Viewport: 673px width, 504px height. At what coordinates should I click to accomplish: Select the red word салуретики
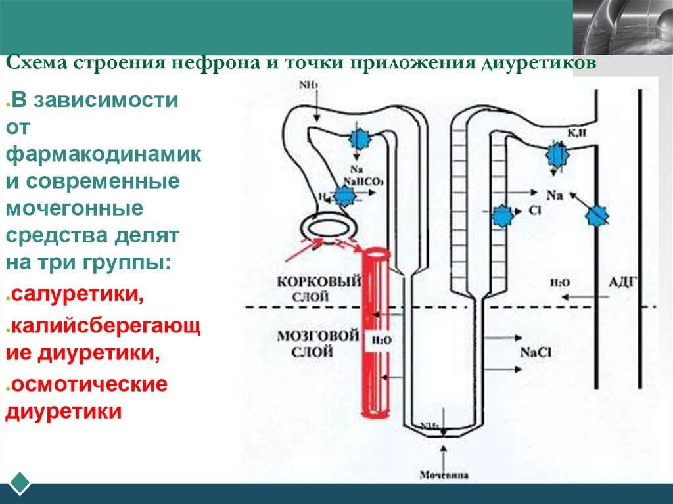(x=76, y=294)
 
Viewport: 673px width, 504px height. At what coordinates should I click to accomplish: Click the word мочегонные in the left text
(x=74, y=209)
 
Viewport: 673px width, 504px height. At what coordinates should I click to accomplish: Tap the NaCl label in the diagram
(x=535, y=352)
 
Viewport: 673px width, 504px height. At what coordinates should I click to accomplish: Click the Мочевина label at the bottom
(x=445, y=474)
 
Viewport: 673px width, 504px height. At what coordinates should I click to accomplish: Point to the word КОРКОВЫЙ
(x=319, y=282)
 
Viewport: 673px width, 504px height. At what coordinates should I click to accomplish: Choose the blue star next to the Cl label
(x=502, y=216)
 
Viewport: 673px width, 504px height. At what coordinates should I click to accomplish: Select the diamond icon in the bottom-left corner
(x=19, y=483)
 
